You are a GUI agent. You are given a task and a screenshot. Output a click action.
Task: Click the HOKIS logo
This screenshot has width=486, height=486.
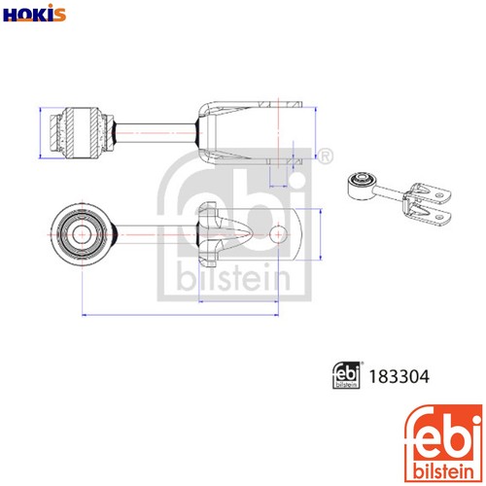[34, 14]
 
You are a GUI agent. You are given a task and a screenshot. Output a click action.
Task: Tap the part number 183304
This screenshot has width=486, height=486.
[399, 376]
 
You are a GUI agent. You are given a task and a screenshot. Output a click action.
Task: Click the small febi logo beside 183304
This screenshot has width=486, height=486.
[346, 375]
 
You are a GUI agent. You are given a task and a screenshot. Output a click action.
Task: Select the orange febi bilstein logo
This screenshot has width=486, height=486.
[443, 443]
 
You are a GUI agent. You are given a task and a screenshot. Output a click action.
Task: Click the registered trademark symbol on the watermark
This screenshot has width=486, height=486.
[326, 156]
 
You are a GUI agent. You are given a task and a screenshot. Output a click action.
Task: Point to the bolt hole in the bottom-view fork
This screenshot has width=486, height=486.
[278, 234]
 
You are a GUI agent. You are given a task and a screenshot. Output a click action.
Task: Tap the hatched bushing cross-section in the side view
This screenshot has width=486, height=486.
[82, 133]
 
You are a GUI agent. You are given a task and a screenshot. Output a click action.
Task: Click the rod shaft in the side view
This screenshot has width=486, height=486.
[156, 133]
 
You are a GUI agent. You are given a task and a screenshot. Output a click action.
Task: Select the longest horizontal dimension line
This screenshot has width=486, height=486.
[181, 314]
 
